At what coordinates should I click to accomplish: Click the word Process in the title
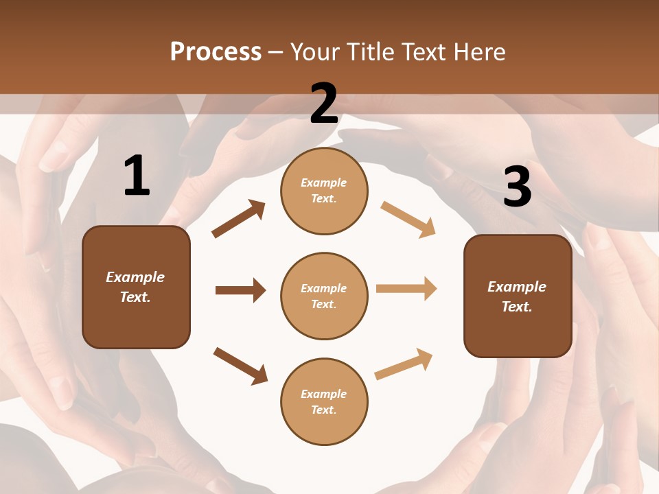click(x=216, y=51)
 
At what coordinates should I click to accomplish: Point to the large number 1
click(x=137, y=176)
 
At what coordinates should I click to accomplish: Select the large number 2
click(x=324, y=104)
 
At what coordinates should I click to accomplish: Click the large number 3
click(x=517, y=187)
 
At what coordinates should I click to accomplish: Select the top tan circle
click(x=324, y=191)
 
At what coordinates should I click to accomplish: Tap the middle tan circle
click(x=324, y=296)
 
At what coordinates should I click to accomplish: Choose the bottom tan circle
click(x=324, y=402)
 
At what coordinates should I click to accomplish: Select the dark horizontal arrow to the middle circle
click(x=240, y=290)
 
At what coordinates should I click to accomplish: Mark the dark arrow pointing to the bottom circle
click(x=240, y=366)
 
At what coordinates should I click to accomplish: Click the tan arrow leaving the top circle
click(x=408, y=219)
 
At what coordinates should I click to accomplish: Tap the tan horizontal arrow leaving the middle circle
click(x=406, y=289)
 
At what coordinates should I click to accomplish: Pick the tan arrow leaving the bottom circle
click(x=404, y=364)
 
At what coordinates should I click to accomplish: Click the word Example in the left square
click(x=135, y=277)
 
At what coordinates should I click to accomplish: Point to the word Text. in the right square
click(x=517, y=307)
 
